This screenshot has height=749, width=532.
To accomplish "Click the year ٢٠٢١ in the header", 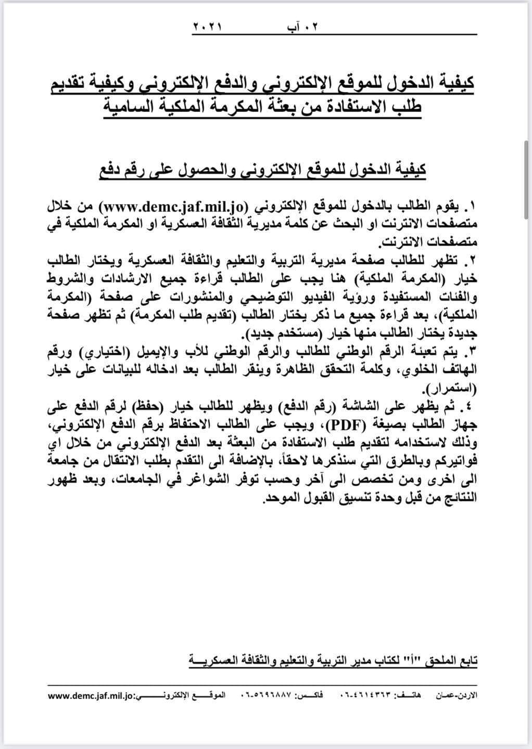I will (x=207, y=26).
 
